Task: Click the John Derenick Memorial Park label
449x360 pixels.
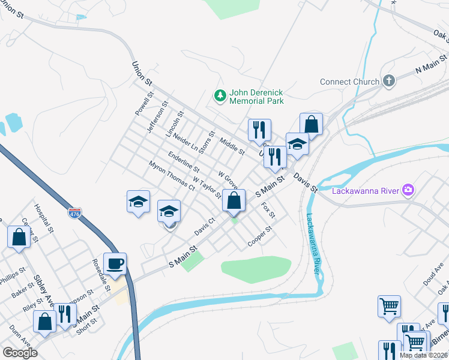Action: coord(258,96)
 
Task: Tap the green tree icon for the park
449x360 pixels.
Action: coord(220,95)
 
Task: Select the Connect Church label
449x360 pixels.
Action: coord(349,82)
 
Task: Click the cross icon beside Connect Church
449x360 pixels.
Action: coord(389,81)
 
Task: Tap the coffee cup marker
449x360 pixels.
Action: coord(115,263)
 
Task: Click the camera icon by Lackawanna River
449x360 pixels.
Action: coord(408,191)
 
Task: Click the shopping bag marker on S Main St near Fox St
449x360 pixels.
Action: coord(234,200)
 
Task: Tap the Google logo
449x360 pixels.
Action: coord(20,353)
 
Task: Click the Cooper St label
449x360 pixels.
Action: coord(261,238)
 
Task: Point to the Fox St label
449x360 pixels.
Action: coord(268,210)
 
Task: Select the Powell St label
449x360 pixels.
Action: coord(145,103)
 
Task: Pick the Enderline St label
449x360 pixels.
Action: coord(184,161)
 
